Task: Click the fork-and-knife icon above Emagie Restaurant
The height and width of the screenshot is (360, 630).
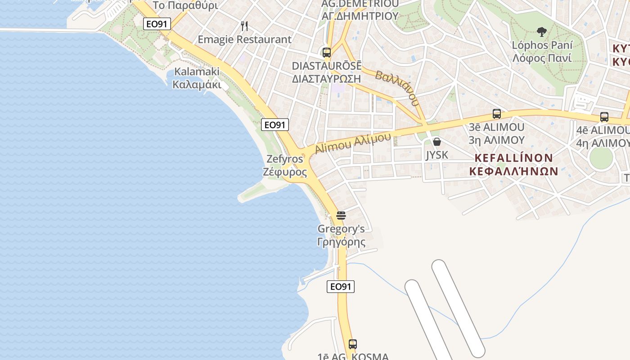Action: (244, 26)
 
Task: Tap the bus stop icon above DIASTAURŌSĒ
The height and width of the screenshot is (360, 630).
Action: (327, 52)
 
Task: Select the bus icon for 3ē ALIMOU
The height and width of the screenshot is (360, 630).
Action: (497, 114)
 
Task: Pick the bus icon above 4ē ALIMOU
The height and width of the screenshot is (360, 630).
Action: (604, 117)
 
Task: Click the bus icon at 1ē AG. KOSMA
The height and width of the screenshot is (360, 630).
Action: (353, 344)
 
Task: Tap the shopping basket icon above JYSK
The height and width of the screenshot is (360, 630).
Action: (436, 142)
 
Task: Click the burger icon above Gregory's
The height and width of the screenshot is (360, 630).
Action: (341, 216)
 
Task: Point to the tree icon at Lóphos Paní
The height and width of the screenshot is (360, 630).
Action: (542, 32)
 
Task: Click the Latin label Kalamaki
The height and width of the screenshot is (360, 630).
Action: (197, 72)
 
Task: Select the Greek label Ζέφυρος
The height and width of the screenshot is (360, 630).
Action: (285, 172)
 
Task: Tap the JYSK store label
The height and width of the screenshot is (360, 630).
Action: (437, 155)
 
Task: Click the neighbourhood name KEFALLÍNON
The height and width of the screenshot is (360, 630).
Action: (513, 158)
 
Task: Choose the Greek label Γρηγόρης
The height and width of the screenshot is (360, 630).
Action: (341, 242)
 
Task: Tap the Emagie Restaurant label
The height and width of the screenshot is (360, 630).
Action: (245, 40)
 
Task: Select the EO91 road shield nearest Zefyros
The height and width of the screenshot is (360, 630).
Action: (275, 125)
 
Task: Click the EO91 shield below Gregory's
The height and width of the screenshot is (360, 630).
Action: (341, 287)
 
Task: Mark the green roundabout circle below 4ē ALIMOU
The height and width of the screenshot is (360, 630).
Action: (601, 157)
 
